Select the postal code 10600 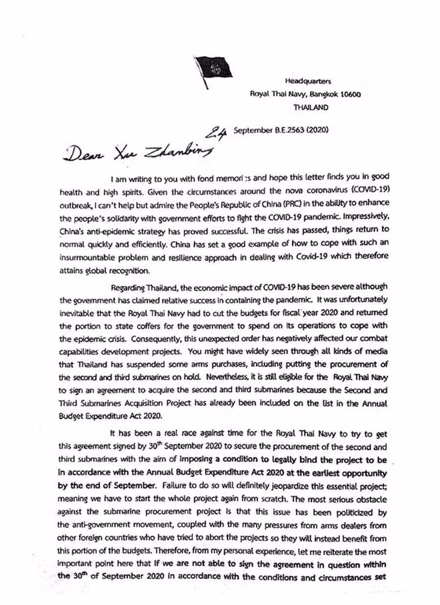pos(349,94)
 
